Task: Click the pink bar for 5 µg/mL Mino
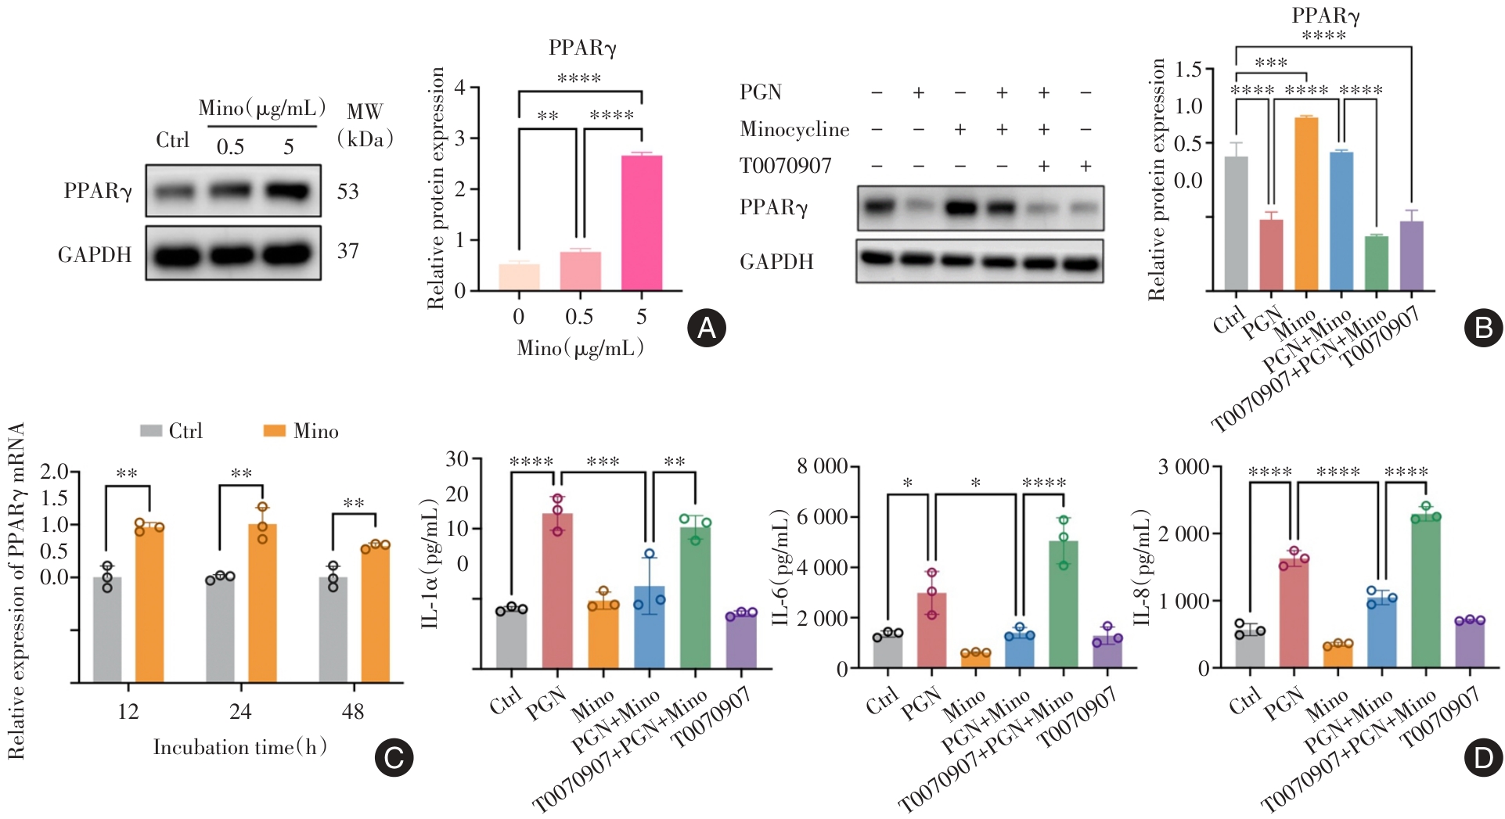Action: click(x=641, y=223)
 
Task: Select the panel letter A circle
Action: click(x=706, y=329)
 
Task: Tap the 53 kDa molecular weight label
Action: click(x=347, y=192)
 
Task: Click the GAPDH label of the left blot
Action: click(x=95, y=255)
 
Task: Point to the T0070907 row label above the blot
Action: click(x=785, y=166)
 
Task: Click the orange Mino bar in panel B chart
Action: click(x=1305, y=203)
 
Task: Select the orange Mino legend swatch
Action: click(x=274, y=431)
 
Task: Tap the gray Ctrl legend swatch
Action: click(x=150, y=431)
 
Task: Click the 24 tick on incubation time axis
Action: click(x=240, y=711)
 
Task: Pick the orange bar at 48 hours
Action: click(x=375, y=614)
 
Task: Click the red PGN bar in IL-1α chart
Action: click(x=557, y=591)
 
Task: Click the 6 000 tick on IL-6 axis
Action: click(x=822, y=517)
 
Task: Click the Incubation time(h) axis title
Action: click(x=239, y=748)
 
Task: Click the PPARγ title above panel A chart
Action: click(x=582, y=48)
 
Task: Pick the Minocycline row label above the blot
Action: click(x=794, y=130)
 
